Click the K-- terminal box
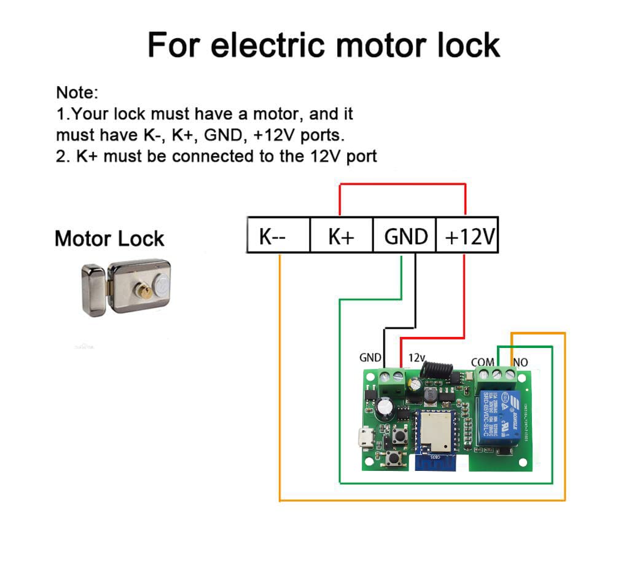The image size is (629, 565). tap(278, 235)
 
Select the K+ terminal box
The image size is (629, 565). tap(342, 235)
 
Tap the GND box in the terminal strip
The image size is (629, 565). tap(405, 235)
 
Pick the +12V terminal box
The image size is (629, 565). tap(467, 235)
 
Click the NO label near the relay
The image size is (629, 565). tap(520, 362)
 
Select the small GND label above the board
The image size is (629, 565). tap(370, 357)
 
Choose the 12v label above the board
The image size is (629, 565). tap(416, 357)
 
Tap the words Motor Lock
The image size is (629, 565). tap(109, 239)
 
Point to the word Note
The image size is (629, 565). tap(77, 93)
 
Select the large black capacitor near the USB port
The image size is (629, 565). tap(386, 407)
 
